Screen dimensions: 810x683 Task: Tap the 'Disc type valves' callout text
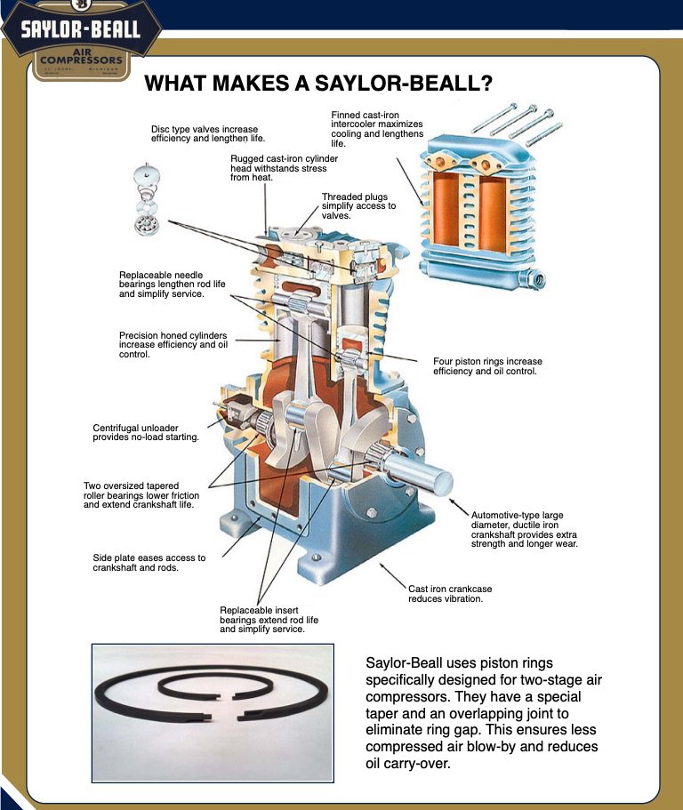(208, 134)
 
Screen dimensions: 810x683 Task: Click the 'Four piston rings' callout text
(487, 366)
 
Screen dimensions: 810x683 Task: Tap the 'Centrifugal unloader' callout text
(146, 432)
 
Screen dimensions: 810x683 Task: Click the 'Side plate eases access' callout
(149, 563)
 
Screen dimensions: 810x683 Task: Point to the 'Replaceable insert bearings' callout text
(269, 619)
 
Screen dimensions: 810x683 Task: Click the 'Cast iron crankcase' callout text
(450, 593)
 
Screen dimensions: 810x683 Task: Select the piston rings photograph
(212, 711)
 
